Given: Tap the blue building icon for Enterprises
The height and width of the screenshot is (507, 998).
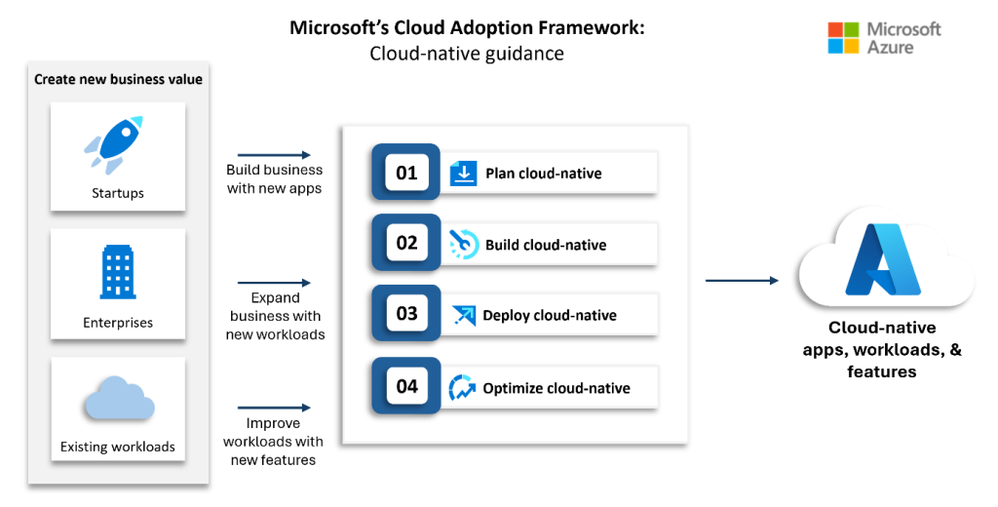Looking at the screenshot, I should pyautogui.click(x=117, y=271).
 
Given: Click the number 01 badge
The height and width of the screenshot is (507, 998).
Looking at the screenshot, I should pyautogui.click(x=406, y=173).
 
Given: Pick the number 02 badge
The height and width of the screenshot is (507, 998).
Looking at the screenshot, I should pyautogui.click(x=406, y=243).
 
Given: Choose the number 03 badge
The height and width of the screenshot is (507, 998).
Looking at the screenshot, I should pyautogui.click(x=406, y=314).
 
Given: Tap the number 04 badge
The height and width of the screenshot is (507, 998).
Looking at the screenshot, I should pyautogui.click(x=406, y=386).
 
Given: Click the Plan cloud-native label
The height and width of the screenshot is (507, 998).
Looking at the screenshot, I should pyautogui.click(x=543, y=174).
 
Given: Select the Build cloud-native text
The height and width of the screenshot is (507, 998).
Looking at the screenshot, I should pyautogui.click(x=545, y=245).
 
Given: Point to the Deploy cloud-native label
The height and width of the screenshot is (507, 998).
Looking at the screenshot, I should pyautogui.click(x=549, y=316).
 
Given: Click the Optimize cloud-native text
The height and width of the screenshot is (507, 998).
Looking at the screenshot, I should pyautogui.click(x=556, y=388).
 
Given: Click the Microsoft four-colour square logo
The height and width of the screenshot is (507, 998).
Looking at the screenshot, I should pyautogui.click(x=843, y=38).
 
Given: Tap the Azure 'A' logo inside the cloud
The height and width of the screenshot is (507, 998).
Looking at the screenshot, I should pyautogui.click(x=884, y=258).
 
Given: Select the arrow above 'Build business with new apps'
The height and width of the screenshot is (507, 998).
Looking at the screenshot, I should pyautogui.click(x=274, y=155).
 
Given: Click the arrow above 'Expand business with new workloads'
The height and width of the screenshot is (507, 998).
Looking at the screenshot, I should pyautogui.click(x=274, y=282).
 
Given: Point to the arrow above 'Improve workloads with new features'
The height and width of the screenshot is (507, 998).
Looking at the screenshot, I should pyautogui.click(x=274, y=408).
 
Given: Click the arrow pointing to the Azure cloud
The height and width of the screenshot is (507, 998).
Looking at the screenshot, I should pyautogui.click(x=742, y=281).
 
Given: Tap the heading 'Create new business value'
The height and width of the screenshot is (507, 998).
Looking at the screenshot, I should pyautogui.click(x=118, y=79).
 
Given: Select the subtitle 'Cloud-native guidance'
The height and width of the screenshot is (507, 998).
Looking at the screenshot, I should pyautogui.click(x=466, y=54).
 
